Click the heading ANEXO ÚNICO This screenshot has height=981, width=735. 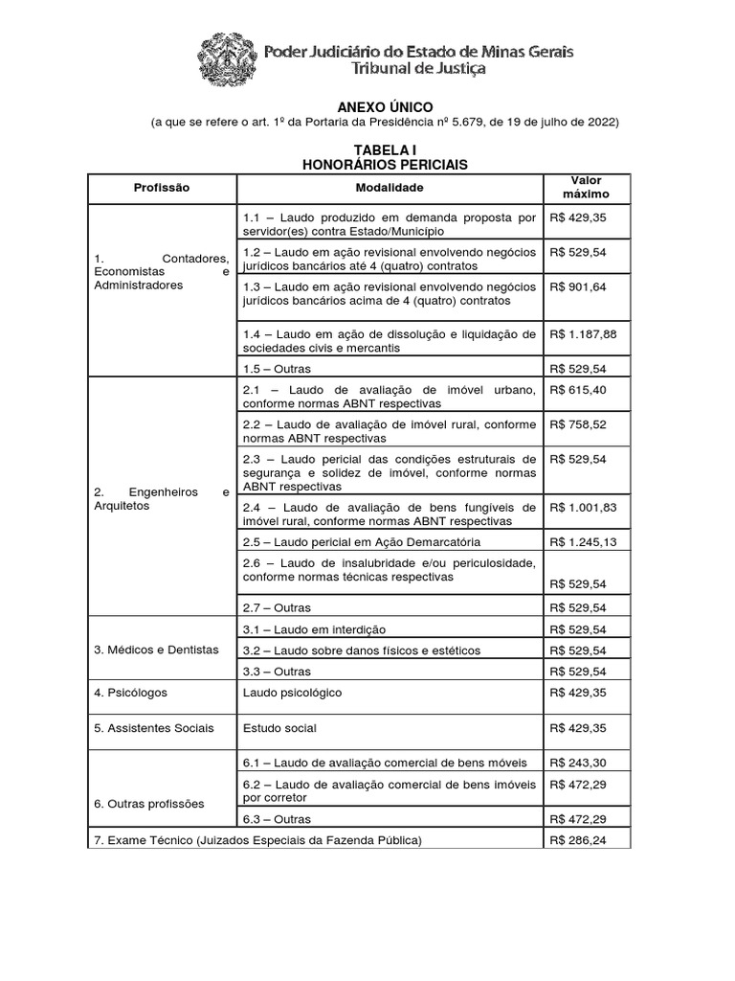coord(385,106)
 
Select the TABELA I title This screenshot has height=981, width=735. coord(385,150)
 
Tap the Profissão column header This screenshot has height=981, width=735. coord(163,188)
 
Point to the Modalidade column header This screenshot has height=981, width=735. coord(390,188)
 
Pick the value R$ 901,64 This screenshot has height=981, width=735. coord(577,286)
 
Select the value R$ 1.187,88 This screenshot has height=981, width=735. coord(584,334)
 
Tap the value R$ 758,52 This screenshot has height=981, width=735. coord(577,423)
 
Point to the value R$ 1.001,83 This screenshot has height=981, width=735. coord(584,506)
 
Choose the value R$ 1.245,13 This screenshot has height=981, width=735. coord(584,541)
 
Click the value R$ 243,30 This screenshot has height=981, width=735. coord(577,763)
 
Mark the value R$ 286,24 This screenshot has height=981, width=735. coord(577,840)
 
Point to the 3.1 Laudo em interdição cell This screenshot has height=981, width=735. coord(314,629)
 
